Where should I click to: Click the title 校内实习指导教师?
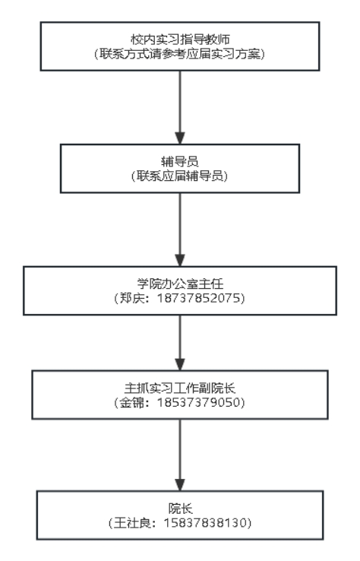[x=180, y=39]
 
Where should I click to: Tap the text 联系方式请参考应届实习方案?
[x=180, y=54]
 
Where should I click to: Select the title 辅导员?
[x=180, y=161]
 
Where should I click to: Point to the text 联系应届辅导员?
[x=180, y=176]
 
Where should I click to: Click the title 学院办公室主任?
[x=180, y=284]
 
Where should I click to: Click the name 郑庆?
[x=131, y=298]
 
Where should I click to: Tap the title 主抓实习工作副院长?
[x=180, y=388]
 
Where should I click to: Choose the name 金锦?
[x=131, y=402]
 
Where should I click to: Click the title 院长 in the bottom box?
[x=180, y=508]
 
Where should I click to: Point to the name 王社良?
[x=132, y=523]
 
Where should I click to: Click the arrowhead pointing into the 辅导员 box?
[x=180, y=138]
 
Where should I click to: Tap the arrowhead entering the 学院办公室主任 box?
[x=180, y=260]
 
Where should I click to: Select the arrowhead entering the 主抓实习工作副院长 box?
[x=180, y=364]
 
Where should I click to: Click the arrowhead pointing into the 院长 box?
[x=180, y=485]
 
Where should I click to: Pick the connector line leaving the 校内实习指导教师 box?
[x=180, y=102]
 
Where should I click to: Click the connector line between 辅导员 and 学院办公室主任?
[x=180, y=224]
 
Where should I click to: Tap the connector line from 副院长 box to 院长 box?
[x=180, y=449]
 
